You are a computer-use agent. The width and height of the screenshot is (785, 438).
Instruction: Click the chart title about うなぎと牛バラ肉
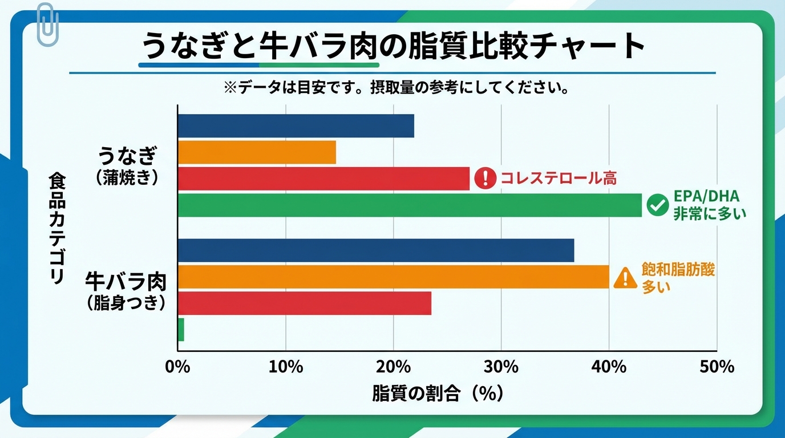[x=392, y=47]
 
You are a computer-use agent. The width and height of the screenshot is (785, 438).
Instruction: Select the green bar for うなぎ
[x=409, y=205]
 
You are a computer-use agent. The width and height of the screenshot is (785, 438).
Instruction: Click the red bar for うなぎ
[x=323, y=179]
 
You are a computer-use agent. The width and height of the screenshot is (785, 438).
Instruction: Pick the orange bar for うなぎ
[x=257, y=152]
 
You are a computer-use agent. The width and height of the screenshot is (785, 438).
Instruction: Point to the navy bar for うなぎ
[x=296, y=126]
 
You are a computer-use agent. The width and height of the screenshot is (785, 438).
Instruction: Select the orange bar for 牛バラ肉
[x=393, y=277]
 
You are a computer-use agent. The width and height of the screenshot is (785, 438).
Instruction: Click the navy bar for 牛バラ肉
[x=375, y=251]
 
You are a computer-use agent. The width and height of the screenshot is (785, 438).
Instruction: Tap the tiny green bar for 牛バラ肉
[x=181, y=330]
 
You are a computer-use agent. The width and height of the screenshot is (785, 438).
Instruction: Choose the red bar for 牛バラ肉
[x=304, y=303]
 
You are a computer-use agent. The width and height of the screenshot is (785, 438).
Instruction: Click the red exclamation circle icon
[x=485, y=179]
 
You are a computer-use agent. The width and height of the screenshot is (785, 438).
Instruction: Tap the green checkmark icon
[x=658, y=205]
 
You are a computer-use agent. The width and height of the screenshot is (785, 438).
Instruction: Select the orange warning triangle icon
[x=625, y=278]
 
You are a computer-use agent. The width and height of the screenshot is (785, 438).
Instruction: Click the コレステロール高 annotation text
[x=558, y=179]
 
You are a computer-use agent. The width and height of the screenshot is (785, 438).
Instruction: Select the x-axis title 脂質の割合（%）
[x=438, y=394]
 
